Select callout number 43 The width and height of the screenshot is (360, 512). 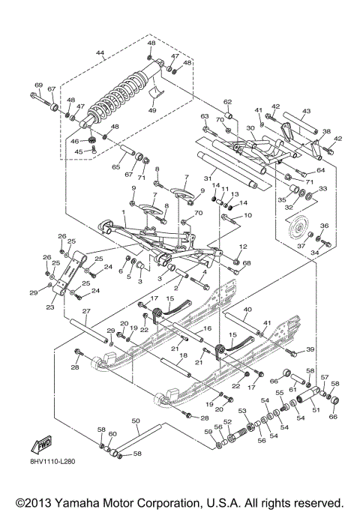pyautogui.click(x=307, y=111)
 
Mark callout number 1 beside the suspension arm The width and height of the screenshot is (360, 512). pyautogui.click(x=113, y=214)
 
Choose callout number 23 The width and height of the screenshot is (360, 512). pyautogui.click(x=50, y=307)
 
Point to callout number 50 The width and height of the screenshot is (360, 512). pyautogui.click(x=135, y=421)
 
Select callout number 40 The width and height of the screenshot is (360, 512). pyautogui.click(x=247, y=309)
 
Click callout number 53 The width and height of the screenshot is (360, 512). pyautogui.click(x=242, y=411)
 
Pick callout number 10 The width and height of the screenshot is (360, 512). pyautogui.click(x=248, y=215)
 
